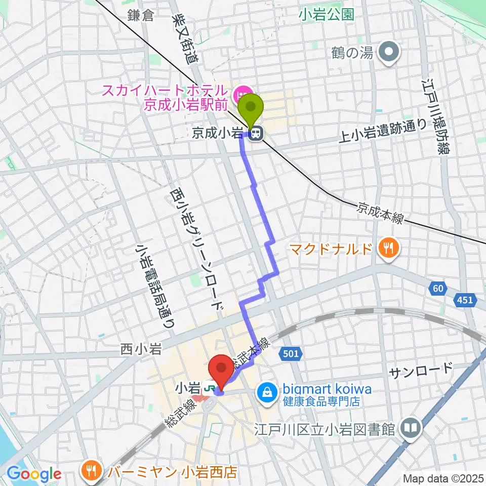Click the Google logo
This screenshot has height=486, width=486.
click(x=34, y=473)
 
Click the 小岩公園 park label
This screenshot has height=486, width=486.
click(x=326, y=15)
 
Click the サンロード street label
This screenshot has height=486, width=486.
click(x=420, y=370)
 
